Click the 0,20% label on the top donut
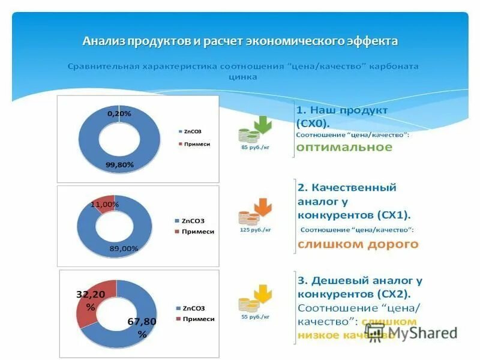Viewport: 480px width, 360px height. (x=119, y=113)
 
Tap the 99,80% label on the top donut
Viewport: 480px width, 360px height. (x=120, y=164)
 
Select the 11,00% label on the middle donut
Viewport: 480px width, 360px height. (x=105, y=205)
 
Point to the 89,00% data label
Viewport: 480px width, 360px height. (x=124, y=248)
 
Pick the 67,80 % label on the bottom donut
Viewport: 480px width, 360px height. (x=142, y=328)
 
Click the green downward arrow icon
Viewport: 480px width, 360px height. (x=263, y=125)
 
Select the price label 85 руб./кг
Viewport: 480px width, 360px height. (x=255, y=147)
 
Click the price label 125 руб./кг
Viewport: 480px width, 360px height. (x=255, y=230)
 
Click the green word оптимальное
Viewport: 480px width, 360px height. (x=344, y=148)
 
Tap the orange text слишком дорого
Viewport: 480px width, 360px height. (x=358, y=244)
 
